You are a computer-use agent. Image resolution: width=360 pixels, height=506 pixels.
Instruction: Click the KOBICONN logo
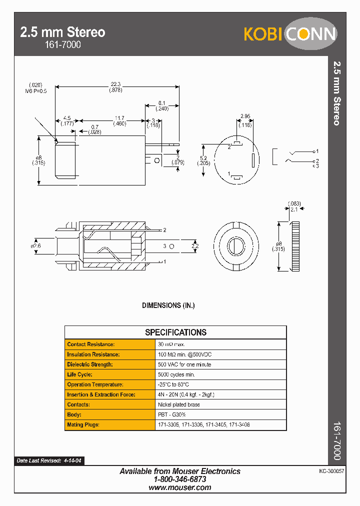290,33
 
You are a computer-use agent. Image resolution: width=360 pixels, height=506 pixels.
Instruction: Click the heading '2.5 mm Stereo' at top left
62,32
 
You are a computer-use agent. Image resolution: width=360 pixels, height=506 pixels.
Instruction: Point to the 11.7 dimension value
119,118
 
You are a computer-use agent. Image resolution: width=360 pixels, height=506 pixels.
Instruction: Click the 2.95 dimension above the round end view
244,116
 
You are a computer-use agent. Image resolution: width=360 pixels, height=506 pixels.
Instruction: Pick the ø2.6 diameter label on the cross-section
35,245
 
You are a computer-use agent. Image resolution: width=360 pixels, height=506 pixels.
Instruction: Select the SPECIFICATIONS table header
175,332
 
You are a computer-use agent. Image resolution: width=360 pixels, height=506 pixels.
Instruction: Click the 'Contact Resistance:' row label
91,344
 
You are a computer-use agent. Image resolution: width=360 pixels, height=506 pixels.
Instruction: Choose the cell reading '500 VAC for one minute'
184,364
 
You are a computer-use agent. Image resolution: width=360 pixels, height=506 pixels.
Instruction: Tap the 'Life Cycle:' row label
80,374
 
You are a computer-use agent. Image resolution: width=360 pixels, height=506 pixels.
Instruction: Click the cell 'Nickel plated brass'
178,404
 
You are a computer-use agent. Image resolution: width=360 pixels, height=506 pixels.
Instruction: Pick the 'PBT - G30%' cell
171,414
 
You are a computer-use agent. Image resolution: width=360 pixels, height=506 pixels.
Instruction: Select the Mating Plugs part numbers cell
203,424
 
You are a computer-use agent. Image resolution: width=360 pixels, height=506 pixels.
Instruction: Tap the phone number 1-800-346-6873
180,479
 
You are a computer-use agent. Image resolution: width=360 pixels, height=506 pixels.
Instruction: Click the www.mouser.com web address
180,487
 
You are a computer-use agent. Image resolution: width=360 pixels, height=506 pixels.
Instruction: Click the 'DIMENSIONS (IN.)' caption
168,305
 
